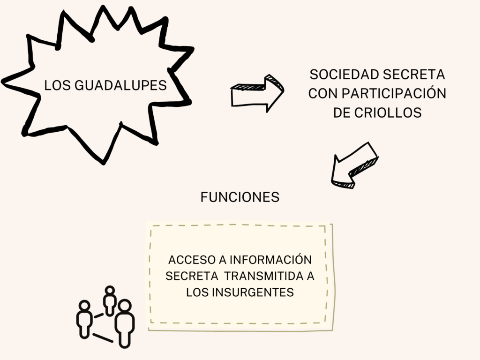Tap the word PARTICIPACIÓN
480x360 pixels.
point(393,94)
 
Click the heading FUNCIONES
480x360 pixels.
point(240,197)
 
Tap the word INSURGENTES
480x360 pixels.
point(253,292)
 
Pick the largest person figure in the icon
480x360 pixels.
point(124,323)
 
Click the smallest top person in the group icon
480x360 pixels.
point(110,300)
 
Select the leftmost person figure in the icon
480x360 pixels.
point(84,319)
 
